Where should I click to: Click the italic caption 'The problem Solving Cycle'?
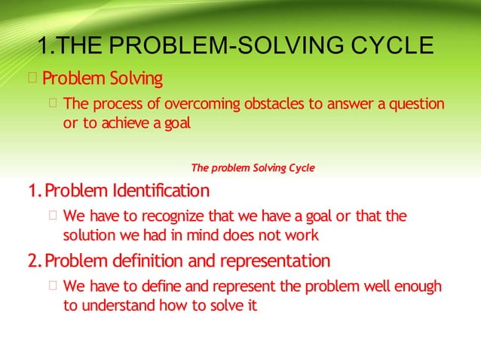pos(253,166)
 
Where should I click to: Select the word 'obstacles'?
pos(273,103)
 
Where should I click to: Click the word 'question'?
pos(415,103)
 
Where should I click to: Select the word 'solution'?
pos(88,236)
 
